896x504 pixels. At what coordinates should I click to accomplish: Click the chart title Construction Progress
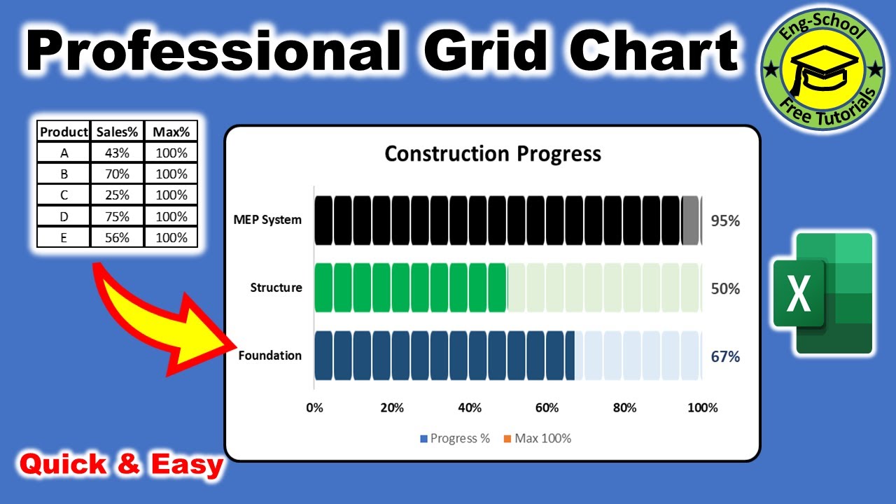pos(493,153)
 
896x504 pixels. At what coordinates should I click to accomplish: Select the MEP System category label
pos(267,220)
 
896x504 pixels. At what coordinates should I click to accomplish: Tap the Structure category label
pos(276,288)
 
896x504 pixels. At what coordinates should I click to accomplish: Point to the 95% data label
pos(724,221)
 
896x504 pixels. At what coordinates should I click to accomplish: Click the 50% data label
pos(724,288)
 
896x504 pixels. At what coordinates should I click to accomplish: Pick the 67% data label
pos(724,356)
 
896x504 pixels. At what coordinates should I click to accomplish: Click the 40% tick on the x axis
pos(469,408)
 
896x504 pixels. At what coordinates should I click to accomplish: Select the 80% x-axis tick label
pos(624,408)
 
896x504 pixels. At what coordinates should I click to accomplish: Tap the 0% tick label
pos(315,408)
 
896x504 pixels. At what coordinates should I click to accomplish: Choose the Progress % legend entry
pos(455,439)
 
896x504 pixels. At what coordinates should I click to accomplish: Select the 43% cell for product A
pos(118,153)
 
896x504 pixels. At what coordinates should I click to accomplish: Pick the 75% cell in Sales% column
pos(118,216)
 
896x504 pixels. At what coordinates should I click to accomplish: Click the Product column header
pos(64,132)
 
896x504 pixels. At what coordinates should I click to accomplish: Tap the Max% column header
pos(171,132)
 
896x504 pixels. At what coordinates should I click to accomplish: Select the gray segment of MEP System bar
pos(690,220)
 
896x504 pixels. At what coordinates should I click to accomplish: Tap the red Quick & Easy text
pos(121,464)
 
